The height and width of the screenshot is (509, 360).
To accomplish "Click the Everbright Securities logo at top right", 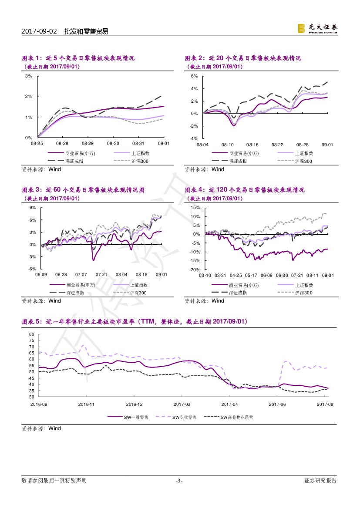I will (317, 28).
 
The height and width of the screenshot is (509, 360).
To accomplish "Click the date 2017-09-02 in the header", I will (39, 31).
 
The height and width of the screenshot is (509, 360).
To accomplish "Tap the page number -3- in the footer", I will (179, 481).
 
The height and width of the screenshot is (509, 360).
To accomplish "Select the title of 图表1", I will (78, 58).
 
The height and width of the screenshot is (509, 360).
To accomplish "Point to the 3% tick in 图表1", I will (29, 76).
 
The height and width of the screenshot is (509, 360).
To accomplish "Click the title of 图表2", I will (243, 58).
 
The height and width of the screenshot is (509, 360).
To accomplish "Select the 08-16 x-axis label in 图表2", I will (252, 145).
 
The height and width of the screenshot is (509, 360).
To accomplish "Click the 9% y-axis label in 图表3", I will (33, 208).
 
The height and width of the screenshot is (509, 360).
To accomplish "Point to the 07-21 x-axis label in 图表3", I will (101, 275).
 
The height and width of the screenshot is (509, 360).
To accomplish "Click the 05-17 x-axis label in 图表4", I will (251, 275).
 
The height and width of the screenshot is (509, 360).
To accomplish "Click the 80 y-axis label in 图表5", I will (31, 334).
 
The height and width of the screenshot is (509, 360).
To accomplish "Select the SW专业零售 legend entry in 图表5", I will (184, 417).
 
